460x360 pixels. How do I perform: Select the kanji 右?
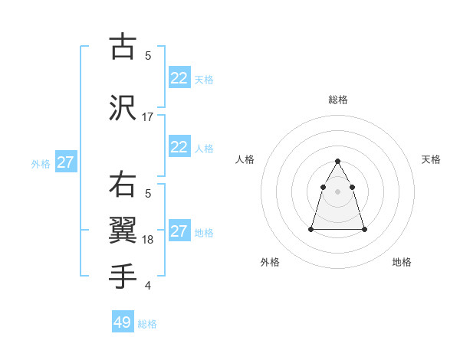click(x=123, y=185)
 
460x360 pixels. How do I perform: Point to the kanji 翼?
click(x=123, y=230)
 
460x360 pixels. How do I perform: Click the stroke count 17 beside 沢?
click(x=148, y=117)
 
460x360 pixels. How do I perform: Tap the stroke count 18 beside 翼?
click(x=148, y=240)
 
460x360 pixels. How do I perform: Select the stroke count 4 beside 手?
click(x=148, y=286)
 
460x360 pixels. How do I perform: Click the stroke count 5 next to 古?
click(x=148, y=56)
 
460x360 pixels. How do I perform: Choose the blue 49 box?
click(x=123, y=322)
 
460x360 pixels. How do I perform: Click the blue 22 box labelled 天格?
click(x=179, y=78)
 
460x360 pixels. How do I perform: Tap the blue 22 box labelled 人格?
click(x=179, y=147)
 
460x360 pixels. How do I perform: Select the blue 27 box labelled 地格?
click(x=179, y=231)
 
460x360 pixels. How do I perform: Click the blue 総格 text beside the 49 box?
click(x=147, y=324)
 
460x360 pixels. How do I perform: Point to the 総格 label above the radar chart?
click(x=337, y=100)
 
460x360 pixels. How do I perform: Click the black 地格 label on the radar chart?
click(x=402, y=262)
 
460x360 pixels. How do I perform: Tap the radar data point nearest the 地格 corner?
click(x=363, y=229)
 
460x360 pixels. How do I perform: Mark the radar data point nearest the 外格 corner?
click(x=311, y=229)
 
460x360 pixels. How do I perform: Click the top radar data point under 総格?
click(x=337, y=161)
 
